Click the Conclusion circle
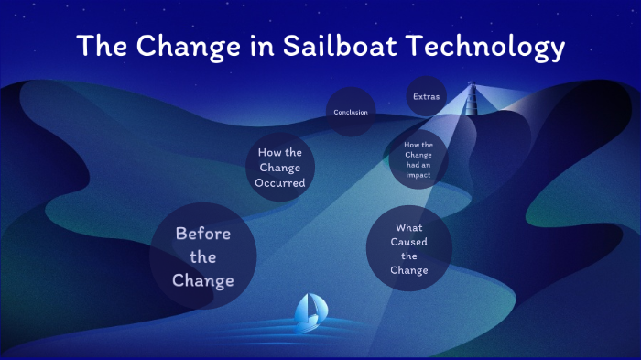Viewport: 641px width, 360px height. click(x=351, y=112)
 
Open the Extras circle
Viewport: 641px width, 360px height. click(x=426, y=96)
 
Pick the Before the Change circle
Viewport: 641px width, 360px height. click(x=203, y=256)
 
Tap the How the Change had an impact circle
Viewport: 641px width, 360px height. click(x=418, y=158)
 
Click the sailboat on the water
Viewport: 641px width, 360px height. click(x=311, y=311)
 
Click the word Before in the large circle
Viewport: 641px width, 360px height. click(x=203, y=234)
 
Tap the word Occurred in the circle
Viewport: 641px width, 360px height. click(x=281, y=183)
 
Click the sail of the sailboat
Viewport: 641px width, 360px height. click(x=310, y=306)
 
